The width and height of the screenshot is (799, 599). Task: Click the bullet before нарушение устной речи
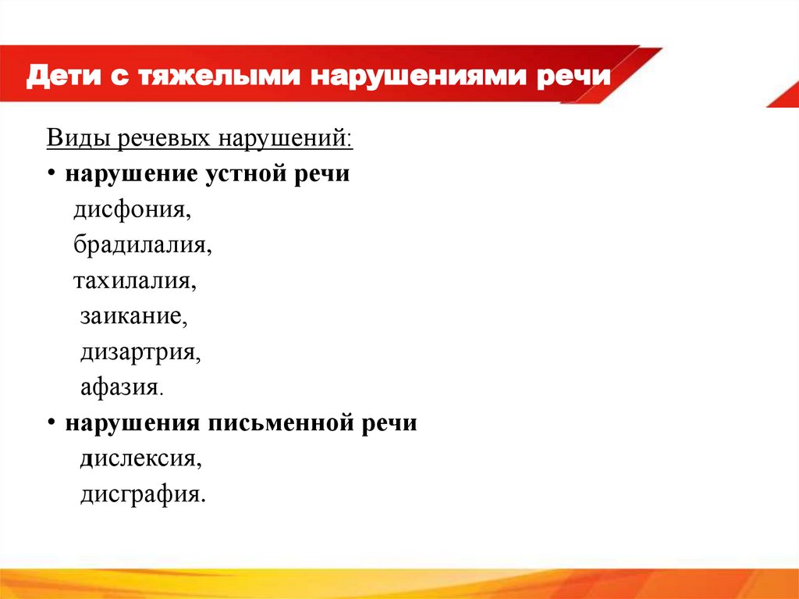pyautogui.click(x=51, y=174)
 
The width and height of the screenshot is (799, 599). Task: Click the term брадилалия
pyautogui.click(x=144, y=245)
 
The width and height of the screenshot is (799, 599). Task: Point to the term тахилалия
pyautogui.click(x=135, y=280)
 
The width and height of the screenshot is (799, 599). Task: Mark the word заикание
pyautogui.click(x=133, y=316)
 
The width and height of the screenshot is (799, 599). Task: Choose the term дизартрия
pyautogui.click(x=140, y=352)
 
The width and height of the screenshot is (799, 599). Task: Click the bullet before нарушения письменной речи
pyautogui.click(x=51, y=423)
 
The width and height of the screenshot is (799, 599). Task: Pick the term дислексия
pyautogui.click(x=140, y=459)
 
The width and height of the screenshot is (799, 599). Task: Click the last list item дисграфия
pyautogui.click(x=143, y=495)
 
